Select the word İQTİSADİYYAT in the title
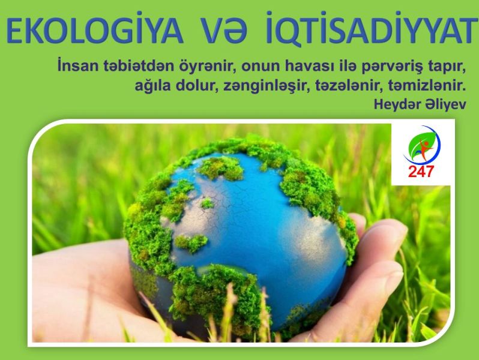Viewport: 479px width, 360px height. (x=372, y=29)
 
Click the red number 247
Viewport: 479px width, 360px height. (x=421, y=171)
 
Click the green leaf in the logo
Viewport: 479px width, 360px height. (x=420, y=142)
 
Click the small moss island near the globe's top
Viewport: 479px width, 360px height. (x=208, y=203)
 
